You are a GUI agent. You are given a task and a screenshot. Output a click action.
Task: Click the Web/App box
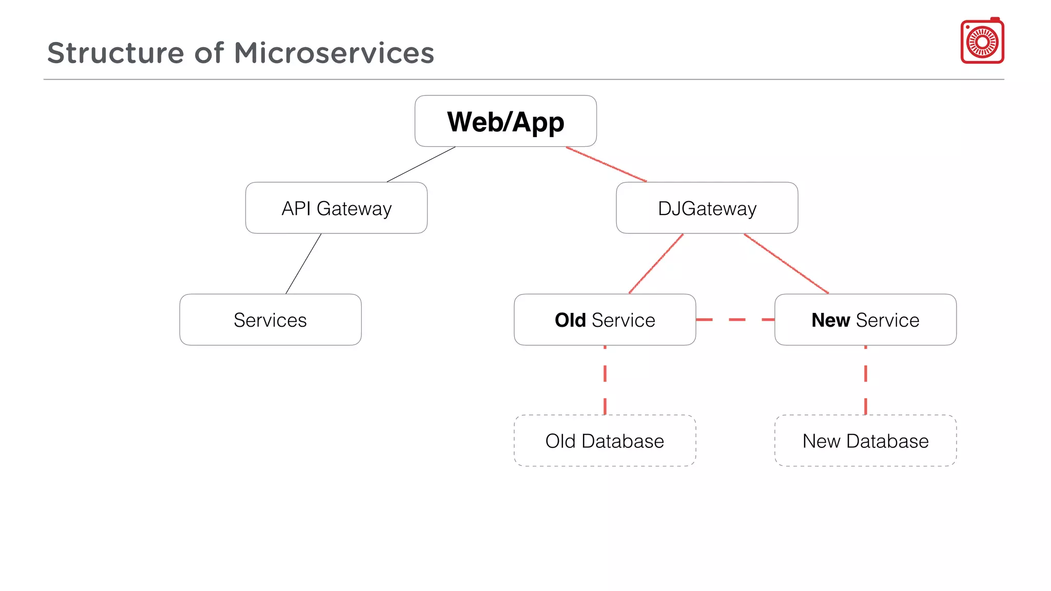coord(505,122)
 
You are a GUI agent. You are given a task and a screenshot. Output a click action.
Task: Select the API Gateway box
coord(336,208)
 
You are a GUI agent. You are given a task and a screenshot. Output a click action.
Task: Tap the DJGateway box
coord(707,208)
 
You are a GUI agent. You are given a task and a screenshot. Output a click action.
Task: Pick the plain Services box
coord(270,320)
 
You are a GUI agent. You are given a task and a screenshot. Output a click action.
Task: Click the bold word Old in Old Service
coord(570,320)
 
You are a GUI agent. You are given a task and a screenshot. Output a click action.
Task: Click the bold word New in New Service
coord(830,320)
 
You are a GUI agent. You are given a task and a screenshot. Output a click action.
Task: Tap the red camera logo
coord(982,42)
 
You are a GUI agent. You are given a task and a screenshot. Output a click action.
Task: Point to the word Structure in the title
coord(115,53)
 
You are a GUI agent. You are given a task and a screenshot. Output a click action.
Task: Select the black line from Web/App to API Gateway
coord(421,165)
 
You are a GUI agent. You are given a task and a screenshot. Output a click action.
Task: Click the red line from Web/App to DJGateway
coord(606,165)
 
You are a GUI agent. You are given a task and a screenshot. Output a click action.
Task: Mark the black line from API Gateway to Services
coord(303,264)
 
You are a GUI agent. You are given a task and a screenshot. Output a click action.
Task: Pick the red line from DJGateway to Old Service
coord(656,264)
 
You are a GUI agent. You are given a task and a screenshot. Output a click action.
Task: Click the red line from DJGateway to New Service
coord(786,264)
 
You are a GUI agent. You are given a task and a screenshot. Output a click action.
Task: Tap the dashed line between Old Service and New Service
coord(736,320)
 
